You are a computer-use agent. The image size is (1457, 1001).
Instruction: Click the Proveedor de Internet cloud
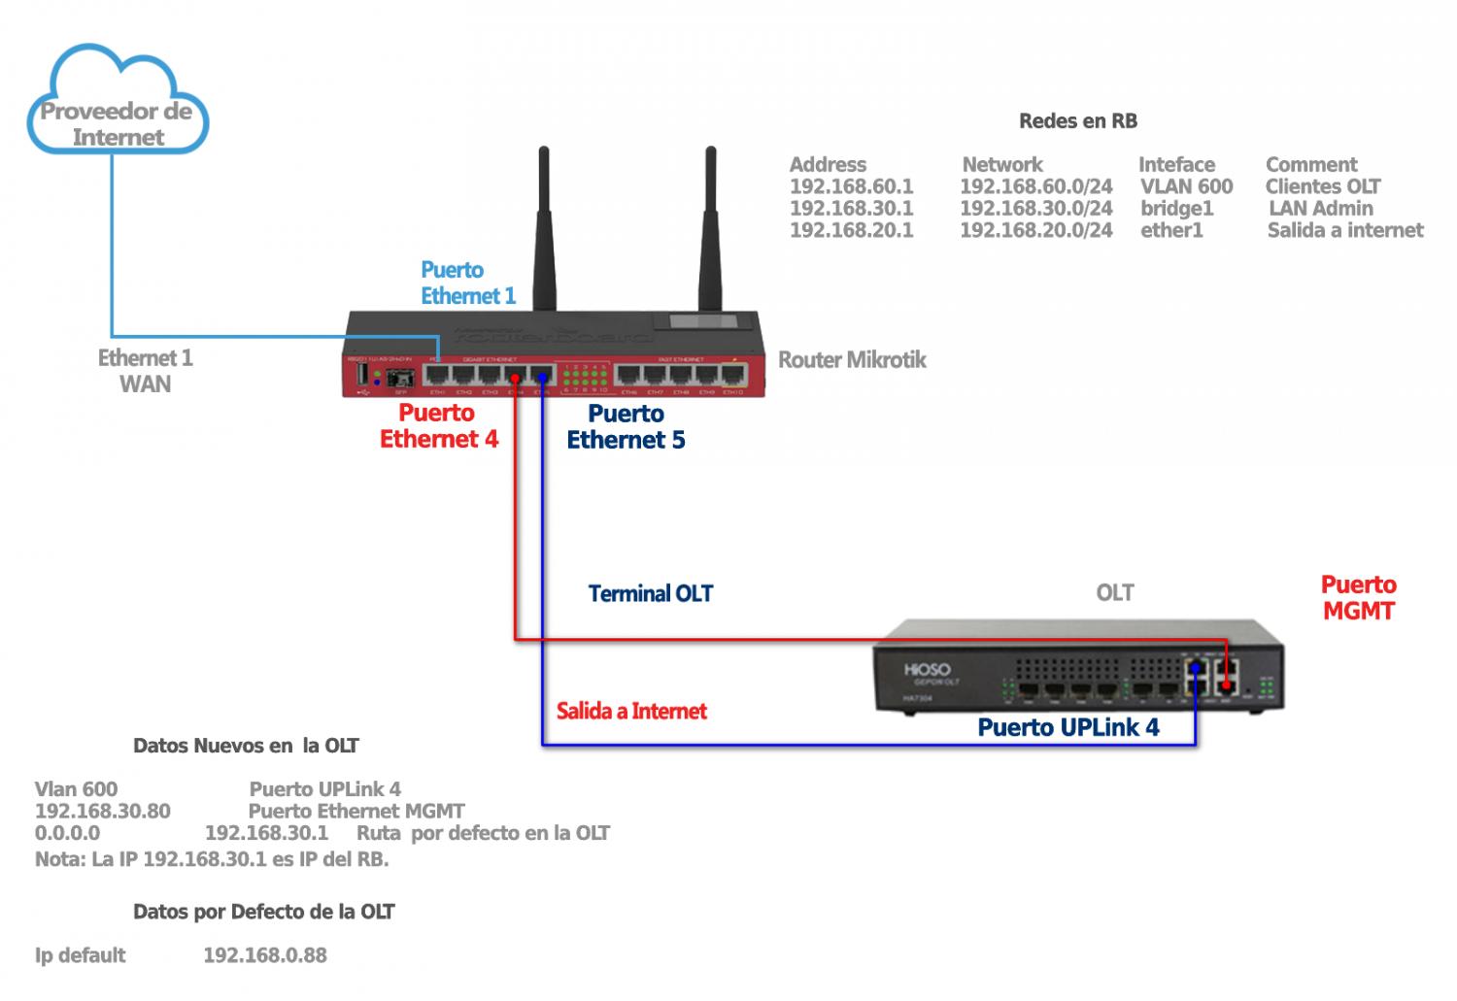[x=118, y=107]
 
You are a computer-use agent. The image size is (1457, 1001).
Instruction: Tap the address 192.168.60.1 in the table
[x=851, y=186]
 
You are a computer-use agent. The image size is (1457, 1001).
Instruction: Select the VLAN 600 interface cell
[x=1186, y=186]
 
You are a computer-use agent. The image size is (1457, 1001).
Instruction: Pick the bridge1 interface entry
[x=1176, y=209]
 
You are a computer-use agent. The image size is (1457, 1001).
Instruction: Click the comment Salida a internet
[x=1345, y=231]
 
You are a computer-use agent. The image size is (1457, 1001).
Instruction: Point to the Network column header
[x=1001, y=165]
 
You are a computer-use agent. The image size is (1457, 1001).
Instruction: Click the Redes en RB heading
[x=1077, y=121]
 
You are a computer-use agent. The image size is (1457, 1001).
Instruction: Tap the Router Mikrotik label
[x=852, y=360]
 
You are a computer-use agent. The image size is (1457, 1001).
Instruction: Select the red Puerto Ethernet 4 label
[x=438, y=426]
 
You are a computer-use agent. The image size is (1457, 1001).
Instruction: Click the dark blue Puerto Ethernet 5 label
[x=626, y=427]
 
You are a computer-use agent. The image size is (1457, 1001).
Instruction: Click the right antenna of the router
[x=710, y=228]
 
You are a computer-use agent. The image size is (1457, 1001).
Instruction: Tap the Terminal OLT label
[x=650, y=594]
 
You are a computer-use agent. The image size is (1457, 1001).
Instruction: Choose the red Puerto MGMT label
[x=1358, y=598]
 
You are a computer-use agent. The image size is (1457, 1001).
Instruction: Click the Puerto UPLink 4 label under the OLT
[x=1067, y=728]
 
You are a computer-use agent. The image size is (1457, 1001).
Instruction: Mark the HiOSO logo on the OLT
[x=927, y=670]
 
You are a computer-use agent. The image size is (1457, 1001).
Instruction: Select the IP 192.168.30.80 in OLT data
[x=103, y=812]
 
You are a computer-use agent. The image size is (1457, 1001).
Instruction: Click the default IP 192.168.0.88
[x=264, y=955]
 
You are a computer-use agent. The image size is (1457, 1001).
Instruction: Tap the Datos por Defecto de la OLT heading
[x=263, y=912]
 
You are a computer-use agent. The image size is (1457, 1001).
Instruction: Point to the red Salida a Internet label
[x=631, y=712]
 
